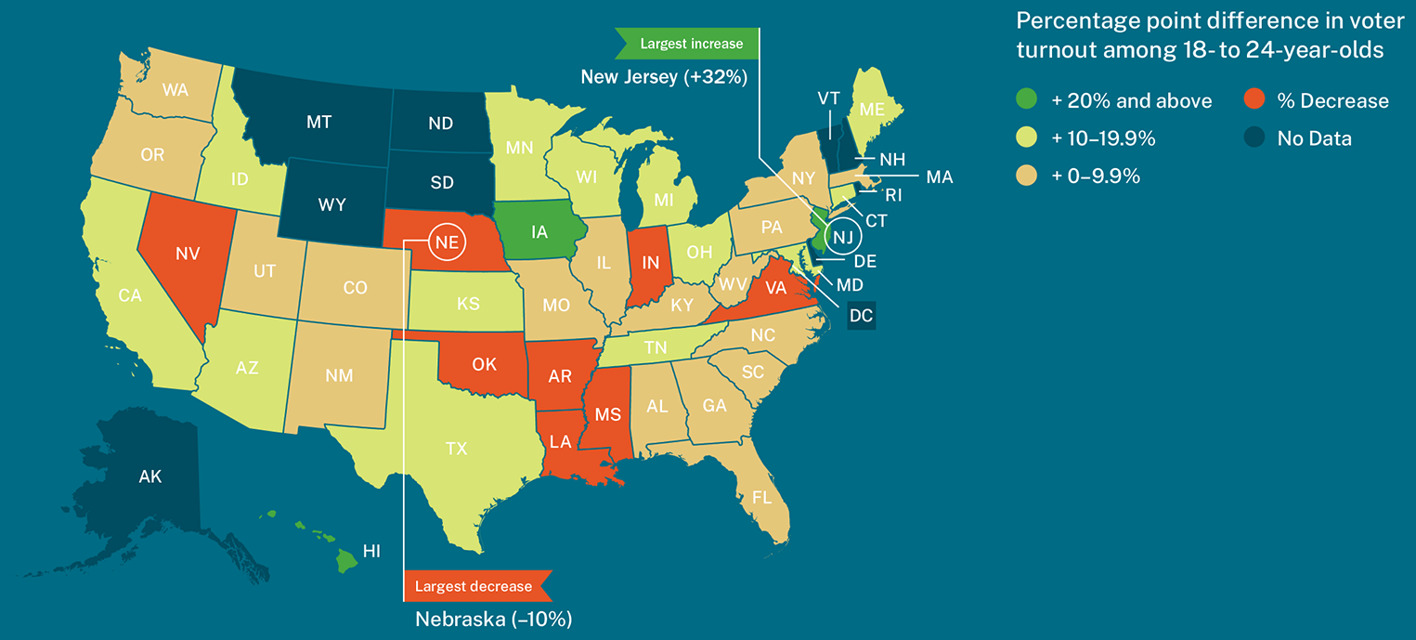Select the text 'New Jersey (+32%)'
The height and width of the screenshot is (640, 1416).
click(x=664, y=77)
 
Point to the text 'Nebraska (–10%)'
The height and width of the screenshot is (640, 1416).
click(x=492, y=619)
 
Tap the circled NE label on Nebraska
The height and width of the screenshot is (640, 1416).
click(x=445, y=242)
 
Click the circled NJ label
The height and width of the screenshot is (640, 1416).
click(x=842, y=237)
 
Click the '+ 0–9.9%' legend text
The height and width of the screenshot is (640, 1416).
click(x=1097, y=176)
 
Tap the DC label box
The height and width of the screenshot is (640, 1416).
click(x=861, y=316)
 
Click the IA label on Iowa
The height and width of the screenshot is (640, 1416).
click(x=539, y=232)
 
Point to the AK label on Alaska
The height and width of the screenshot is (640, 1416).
click(x=149, y=477)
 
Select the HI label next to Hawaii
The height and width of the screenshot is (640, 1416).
click(x=371, y=552)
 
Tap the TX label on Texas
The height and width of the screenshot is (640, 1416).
click(x=456, y=449)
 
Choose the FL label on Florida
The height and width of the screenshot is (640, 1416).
click(x=761, y=497)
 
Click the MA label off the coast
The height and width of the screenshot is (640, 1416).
click(x=939, y=176)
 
